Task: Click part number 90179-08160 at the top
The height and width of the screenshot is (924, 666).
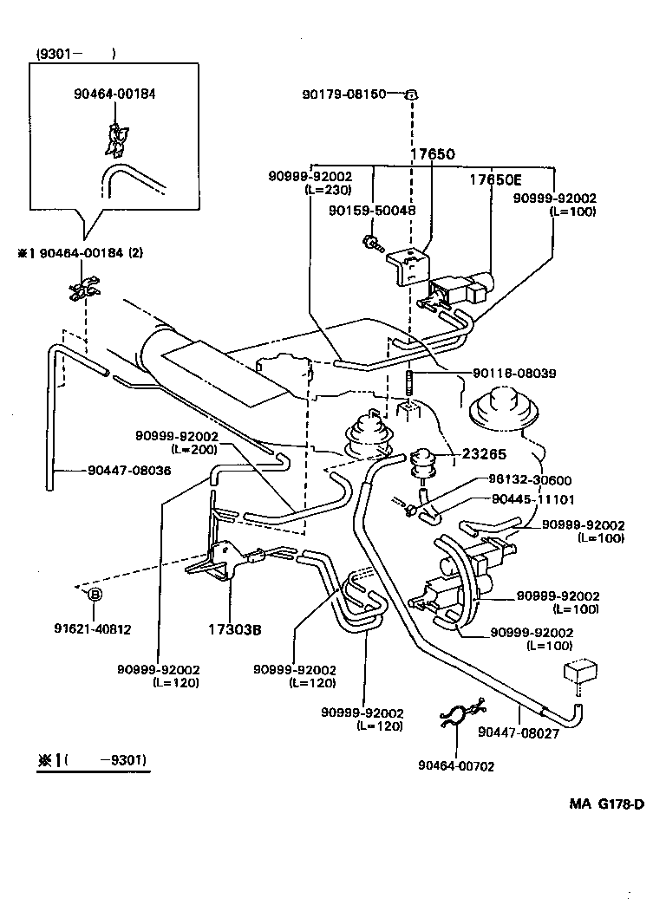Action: (344, 94)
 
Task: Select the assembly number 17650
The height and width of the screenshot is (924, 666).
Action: (432, 154)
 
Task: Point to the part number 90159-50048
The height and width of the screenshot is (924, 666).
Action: (372, 211)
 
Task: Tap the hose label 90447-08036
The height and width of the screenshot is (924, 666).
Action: (129, 471)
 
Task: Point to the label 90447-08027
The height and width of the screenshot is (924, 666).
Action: (519, 732)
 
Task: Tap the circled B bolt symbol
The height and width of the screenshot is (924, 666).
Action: (95, 594)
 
